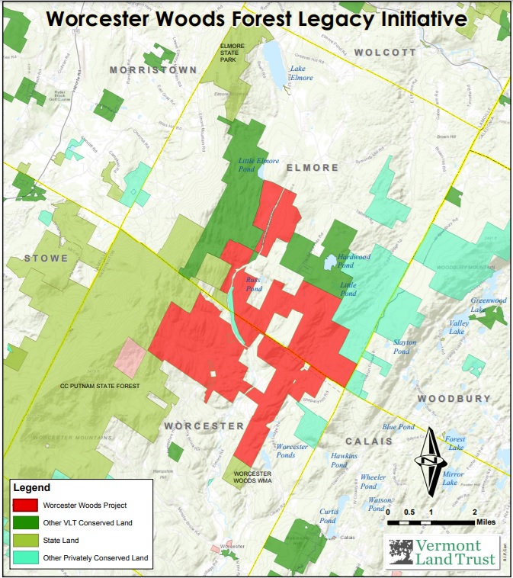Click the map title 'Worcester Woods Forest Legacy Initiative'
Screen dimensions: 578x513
pyautogui.click(x=257, y=18)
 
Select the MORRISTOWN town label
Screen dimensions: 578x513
pyautogui.click(x=153, y=69)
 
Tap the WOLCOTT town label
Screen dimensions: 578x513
pyautogui.click(x=385, y=53)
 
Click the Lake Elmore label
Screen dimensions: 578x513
pyautogui.click(x=301, y=73)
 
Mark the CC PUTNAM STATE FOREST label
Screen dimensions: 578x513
pyautogui.click(x=101, y=387)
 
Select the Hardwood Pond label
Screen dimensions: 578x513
pyautogui.click(x=354, y=262)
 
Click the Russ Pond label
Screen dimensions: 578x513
pyautogui.click(x=254, y=284)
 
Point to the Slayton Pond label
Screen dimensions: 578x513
pyautogui.click(x=405, y=346)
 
